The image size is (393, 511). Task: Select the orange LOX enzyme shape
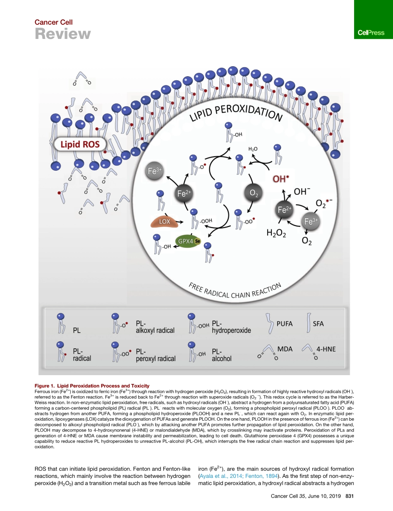click(x=165, y=222)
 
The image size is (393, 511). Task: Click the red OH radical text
click(x=281, y=178)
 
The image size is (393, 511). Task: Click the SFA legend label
click(x=319, y=324)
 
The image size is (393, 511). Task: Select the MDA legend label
click(x=285, y=349)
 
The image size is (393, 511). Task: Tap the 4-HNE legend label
click(x=326, y=349)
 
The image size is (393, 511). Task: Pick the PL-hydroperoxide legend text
click(x=231, y=327)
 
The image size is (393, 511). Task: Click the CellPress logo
click(x=371, y=33)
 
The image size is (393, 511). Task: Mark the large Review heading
click(x=62, y=34)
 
